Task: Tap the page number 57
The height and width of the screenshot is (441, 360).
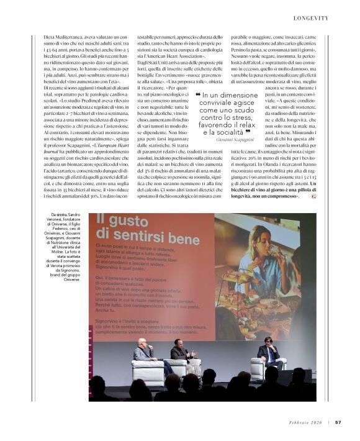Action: coord(338,422)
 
